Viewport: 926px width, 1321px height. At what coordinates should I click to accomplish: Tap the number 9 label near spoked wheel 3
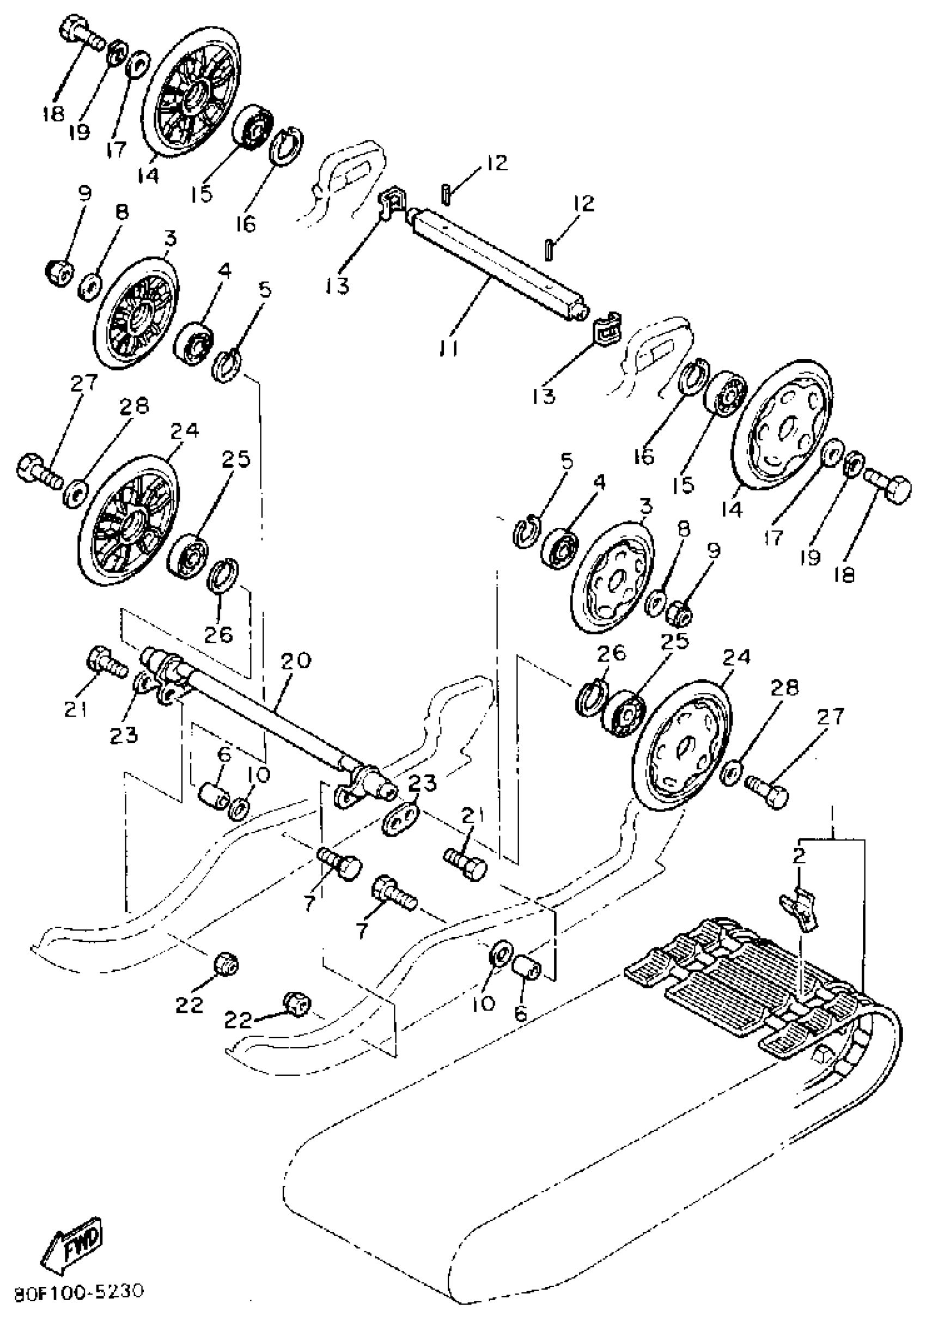pyautogui.click(x=84, y=193)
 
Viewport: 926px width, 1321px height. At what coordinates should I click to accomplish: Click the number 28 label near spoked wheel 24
pyautogui.click(x=133, y=407)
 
